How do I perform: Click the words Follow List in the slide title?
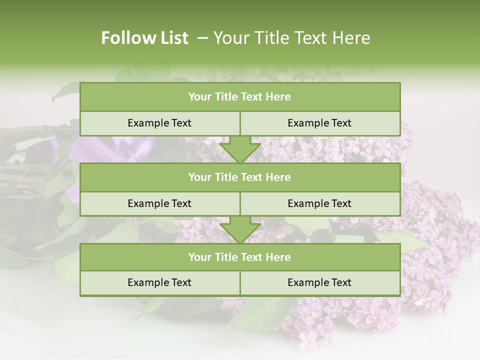(145, 38)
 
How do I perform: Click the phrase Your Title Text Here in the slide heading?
(292, 38)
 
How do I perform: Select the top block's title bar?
(240, 97)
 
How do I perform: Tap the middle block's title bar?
(240, 177)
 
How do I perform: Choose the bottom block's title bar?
(240, 257)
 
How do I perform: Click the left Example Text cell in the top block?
(159, 123)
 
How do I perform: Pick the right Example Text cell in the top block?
(319, 123)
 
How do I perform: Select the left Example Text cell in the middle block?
(159, 203)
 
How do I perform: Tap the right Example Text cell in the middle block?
(319, 203)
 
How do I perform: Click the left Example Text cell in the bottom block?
(159, 282)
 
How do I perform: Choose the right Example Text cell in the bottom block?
(319, 282)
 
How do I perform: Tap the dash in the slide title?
(202, 38)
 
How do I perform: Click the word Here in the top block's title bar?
(278, 97)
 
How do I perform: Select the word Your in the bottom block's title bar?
(200, 257)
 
